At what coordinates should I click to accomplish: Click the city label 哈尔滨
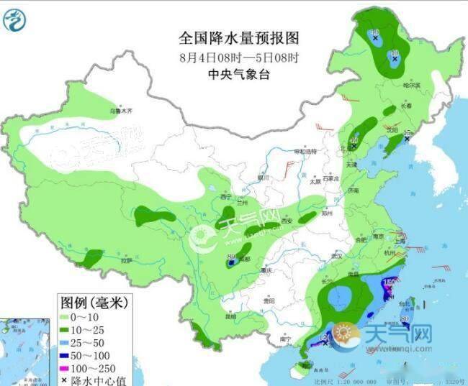412,85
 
